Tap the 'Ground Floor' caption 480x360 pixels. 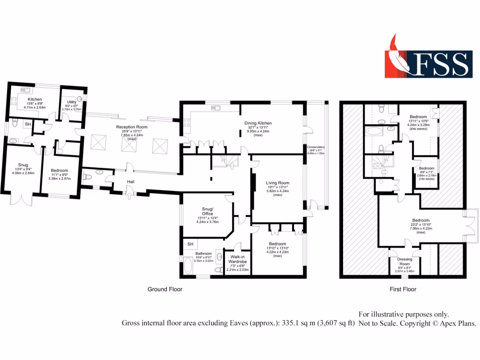point(165,289)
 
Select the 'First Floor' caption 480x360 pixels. point(403,289)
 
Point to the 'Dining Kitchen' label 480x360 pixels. point(258,123)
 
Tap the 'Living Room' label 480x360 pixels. point(278,183)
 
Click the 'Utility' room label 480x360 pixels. point(72,101)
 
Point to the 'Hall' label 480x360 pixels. point(131,181)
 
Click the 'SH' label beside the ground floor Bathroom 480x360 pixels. point(190,244)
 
